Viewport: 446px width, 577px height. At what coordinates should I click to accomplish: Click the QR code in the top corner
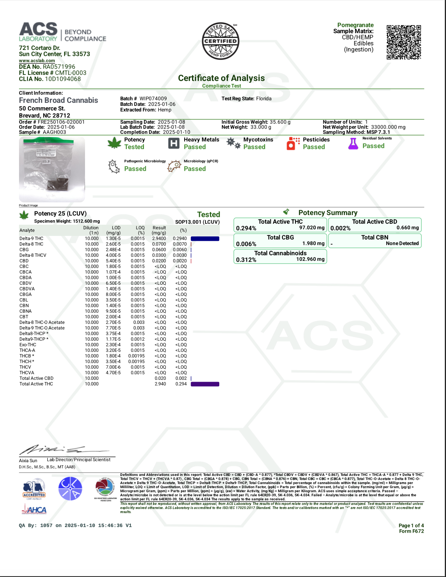coord(404,42)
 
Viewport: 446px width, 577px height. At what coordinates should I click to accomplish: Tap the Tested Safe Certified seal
coord(220,41)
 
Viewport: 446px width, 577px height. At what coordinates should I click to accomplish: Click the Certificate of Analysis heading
coord(221,78)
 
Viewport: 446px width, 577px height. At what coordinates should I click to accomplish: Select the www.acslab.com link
coord(37,61)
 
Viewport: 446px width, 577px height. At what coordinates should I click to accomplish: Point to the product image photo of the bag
coord(52,169)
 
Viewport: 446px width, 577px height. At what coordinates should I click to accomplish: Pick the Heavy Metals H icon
coord(174,144)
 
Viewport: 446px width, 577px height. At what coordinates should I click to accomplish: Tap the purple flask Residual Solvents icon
coord(353,144)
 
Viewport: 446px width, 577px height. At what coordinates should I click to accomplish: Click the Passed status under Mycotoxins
coord(254,147)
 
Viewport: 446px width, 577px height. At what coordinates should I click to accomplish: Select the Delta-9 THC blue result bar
coord(205,239)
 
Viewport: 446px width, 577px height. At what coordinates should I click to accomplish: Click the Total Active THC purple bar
coord(205,384)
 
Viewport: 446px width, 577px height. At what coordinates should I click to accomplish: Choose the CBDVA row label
coord(27,289)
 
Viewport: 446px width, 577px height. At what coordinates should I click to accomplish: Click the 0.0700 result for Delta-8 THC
coord(159,244)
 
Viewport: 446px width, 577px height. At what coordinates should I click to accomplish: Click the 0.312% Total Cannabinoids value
coord(246,260)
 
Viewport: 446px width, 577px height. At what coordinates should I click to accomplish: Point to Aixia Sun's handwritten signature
coord(56,450)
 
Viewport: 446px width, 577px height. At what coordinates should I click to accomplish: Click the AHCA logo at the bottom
coord(34,510)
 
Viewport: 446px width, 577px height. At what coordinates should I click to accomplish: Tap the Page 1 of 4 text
coord(411,526)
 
